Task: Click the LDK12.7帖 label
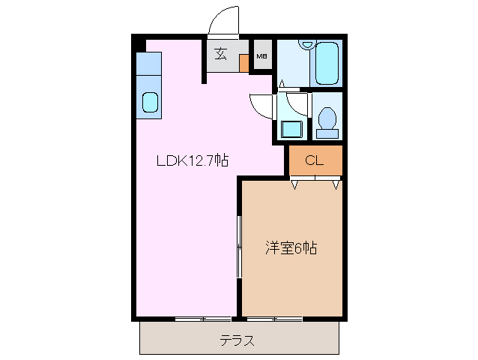click(192, 160)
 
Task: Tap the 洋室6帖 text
click(291, 247)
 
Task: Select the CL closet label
click(314, 160)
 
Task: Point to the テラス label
click(237, 340)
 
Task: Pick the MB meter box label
click(262, 56)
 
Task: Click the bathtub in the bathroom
click(327, 63)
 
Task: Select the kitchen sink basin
click(150, 102)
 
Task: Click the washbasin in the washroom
click(291, 128)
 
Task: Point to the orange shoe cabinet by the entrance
click(243, 62)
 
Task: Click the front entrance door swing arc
click(223, 21)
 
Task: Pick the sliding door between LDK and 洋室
click(239, 248)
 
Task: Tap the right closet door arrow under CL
click(336, 184)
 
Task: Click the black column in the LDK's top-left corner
click(139, 43)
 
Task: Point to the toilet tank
click(327, 133)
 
